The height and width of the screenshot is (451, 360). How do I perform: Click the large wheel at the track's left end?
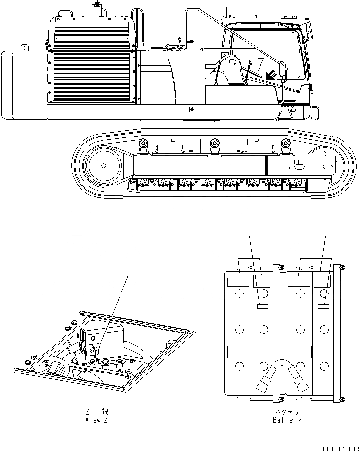pyautogui.click(x=103, y=164)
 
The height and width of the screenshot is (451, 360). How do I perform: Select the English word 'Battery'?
pyautogui.click(x=287, y=420)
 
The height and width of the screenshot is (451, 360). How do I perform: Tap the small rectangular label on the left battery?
pyautogui.click(x=262, y=306)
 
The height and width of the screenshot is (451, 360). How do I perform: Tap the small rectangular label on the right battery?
pyautogui.click(x=322, y=306)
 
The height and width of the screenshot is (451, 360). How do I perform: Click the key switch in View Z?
pyautogui.click(x=94, y=351)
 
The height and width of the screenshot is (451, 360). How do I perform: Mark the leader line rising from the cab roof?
pyautogui.click(x=227, y=12)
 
